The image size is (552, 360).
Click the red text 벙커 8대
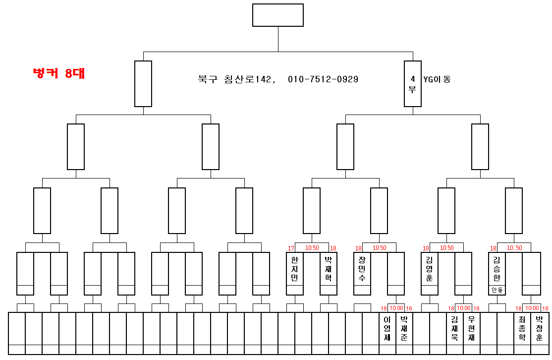click(58, 73)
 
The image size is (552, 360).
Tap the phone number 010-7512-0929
click(323, 79)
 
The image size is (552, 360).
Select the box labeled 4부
click(412, 84)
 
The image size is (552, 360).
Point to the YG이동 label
click(437, 79)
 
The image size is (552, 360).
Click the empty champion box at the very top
click(277, 15)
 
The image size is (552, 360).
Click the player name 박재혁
click(328, 269)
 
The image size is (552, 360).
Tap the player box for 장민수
click(362, 269)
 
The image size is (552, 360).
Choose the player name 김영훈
click(429, 269)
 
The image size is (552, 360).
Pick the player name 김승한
click(497, 269)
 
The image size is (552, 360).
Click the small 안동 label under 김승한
click(497, 290)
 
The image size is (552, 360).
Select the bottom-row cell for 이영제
click(387, 328)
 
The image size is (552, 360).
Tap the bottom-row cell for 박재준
click(404, 328)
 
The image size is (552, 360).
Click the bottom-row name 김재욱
click(455, 328)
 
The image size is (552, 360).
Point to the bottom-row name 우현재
click(472, 328)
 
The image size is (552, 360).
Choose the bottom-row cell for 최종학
click(522, 328)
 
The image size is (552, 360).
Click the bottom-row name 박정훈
click(539, 328)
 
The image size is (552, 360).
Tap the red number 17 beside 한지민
click(291, 248)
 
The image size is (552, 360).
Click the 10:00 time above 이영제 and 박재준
click(396, 308)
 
